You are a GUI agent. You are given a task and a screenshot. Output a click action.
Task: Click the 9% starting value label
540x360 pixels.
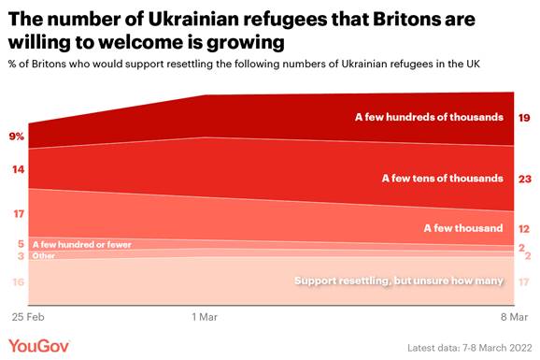point(17,137)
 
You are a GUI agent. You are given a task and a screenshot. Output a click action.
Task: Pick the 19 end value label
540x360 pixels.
point(524,118)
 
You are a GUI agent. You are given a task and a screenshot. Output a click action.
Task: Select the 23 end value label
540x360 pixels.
point(524,178)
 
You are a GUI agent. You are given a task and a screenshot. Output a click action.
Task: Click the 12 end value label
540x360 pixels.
point(524,228)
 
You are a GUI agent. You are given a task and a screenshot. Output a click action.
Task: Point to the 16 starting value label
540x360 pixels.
point(17,281)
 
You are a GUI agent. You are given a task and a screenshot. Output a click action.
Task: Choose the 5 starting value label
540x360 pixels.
point(20,243)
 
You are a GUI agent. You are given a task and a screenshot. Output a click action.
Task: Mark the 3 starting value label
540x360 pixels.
point(20,255)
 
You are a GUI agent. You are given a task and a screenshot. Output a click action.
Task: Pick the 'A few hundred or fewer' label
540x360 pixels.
point(81,244)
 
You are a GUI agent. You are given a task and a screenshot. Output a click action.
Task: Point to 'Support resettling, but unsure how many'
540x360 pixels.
point(399,281)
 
